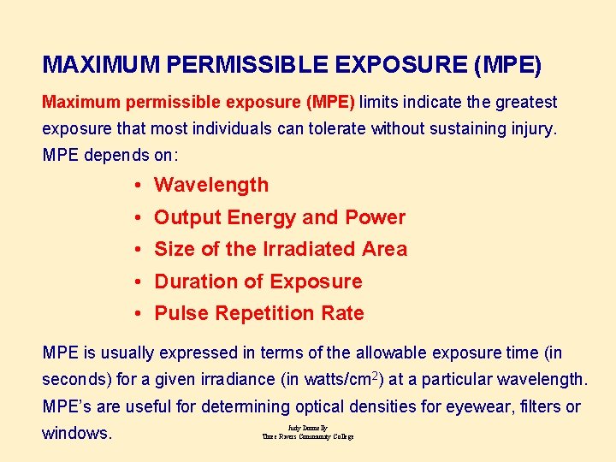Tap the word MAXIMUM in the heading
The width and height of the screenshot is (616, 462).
coord(102,65)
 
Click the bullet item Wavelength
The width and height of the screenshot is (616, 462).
coord(211,185)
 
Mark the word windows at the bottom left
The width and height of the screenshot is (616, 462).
coord(77,433)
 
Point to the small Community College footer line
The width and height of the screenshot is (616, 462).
coord(308,436)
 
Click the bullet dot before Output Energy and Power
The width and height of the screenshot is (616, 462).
coord(138,218)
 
